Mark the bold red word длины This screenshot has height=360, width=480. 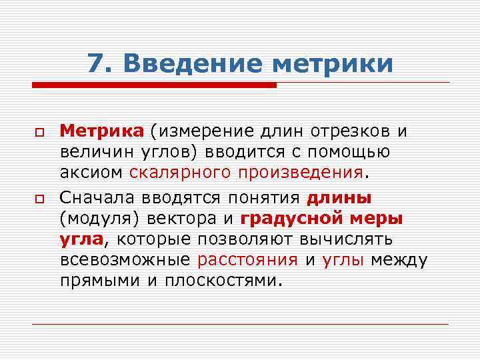(339, 198)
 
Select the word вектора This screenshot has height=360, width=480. (193, 218)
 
